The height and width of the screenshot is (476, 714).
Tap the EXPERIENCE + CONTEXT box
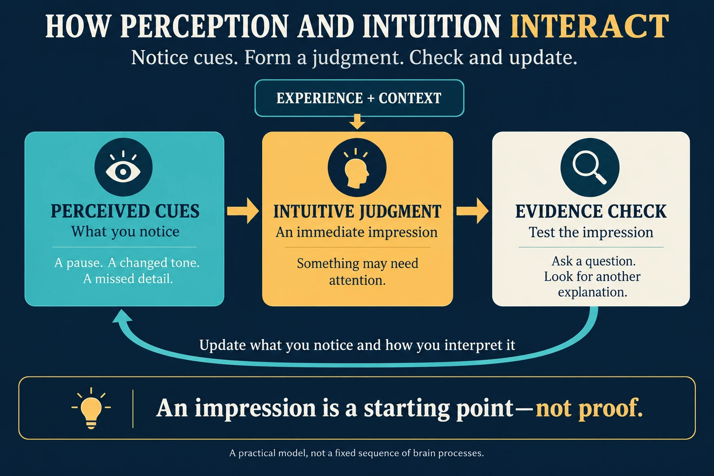tap(359, 98)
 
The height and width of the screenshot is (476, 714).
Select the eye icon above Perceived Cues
tap(123, 167)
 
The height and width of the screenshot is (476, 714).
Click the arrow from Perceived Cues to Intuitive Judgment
tap(243, 211)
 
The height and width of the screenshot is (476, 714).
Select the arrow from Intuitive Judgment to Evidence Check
tap(472, 211)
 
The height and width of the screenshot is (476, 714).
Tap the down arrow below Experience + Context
tap(357, 121)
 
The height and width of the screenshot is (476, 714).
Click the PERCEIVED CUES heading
tap(125, 211)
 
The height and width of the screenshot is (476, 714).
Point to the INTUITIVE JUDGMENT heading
tap(357, 212)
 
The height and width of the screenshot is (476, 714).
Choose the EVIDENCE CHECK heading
tap(591, 212)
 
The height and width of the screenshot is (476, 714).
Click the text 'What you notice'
tap(125, 232)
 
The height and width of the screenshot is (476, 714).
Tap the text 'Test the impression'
tap(591, 232)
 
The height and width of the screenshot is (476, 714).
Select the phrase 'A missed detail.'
tap(128, 279)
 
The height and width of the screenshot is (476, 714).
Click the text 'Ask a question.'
tap(594, 261)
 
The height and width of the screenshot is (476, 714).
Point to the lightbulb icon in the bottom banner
tap(91, 409)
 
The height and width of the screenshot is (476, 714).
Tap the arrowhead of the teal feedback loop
tap(122, 317)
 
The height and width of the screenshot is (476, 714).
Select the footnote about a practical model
tap(357, 453)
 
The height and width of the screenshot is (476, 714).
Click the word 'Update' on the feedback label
tap(222, 345)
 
